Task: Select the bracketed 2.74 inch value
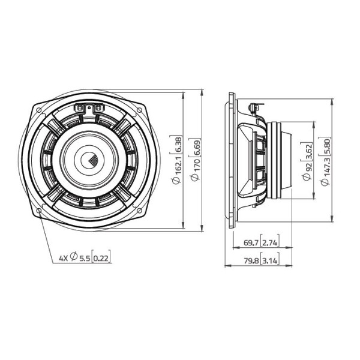point(270,242)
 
